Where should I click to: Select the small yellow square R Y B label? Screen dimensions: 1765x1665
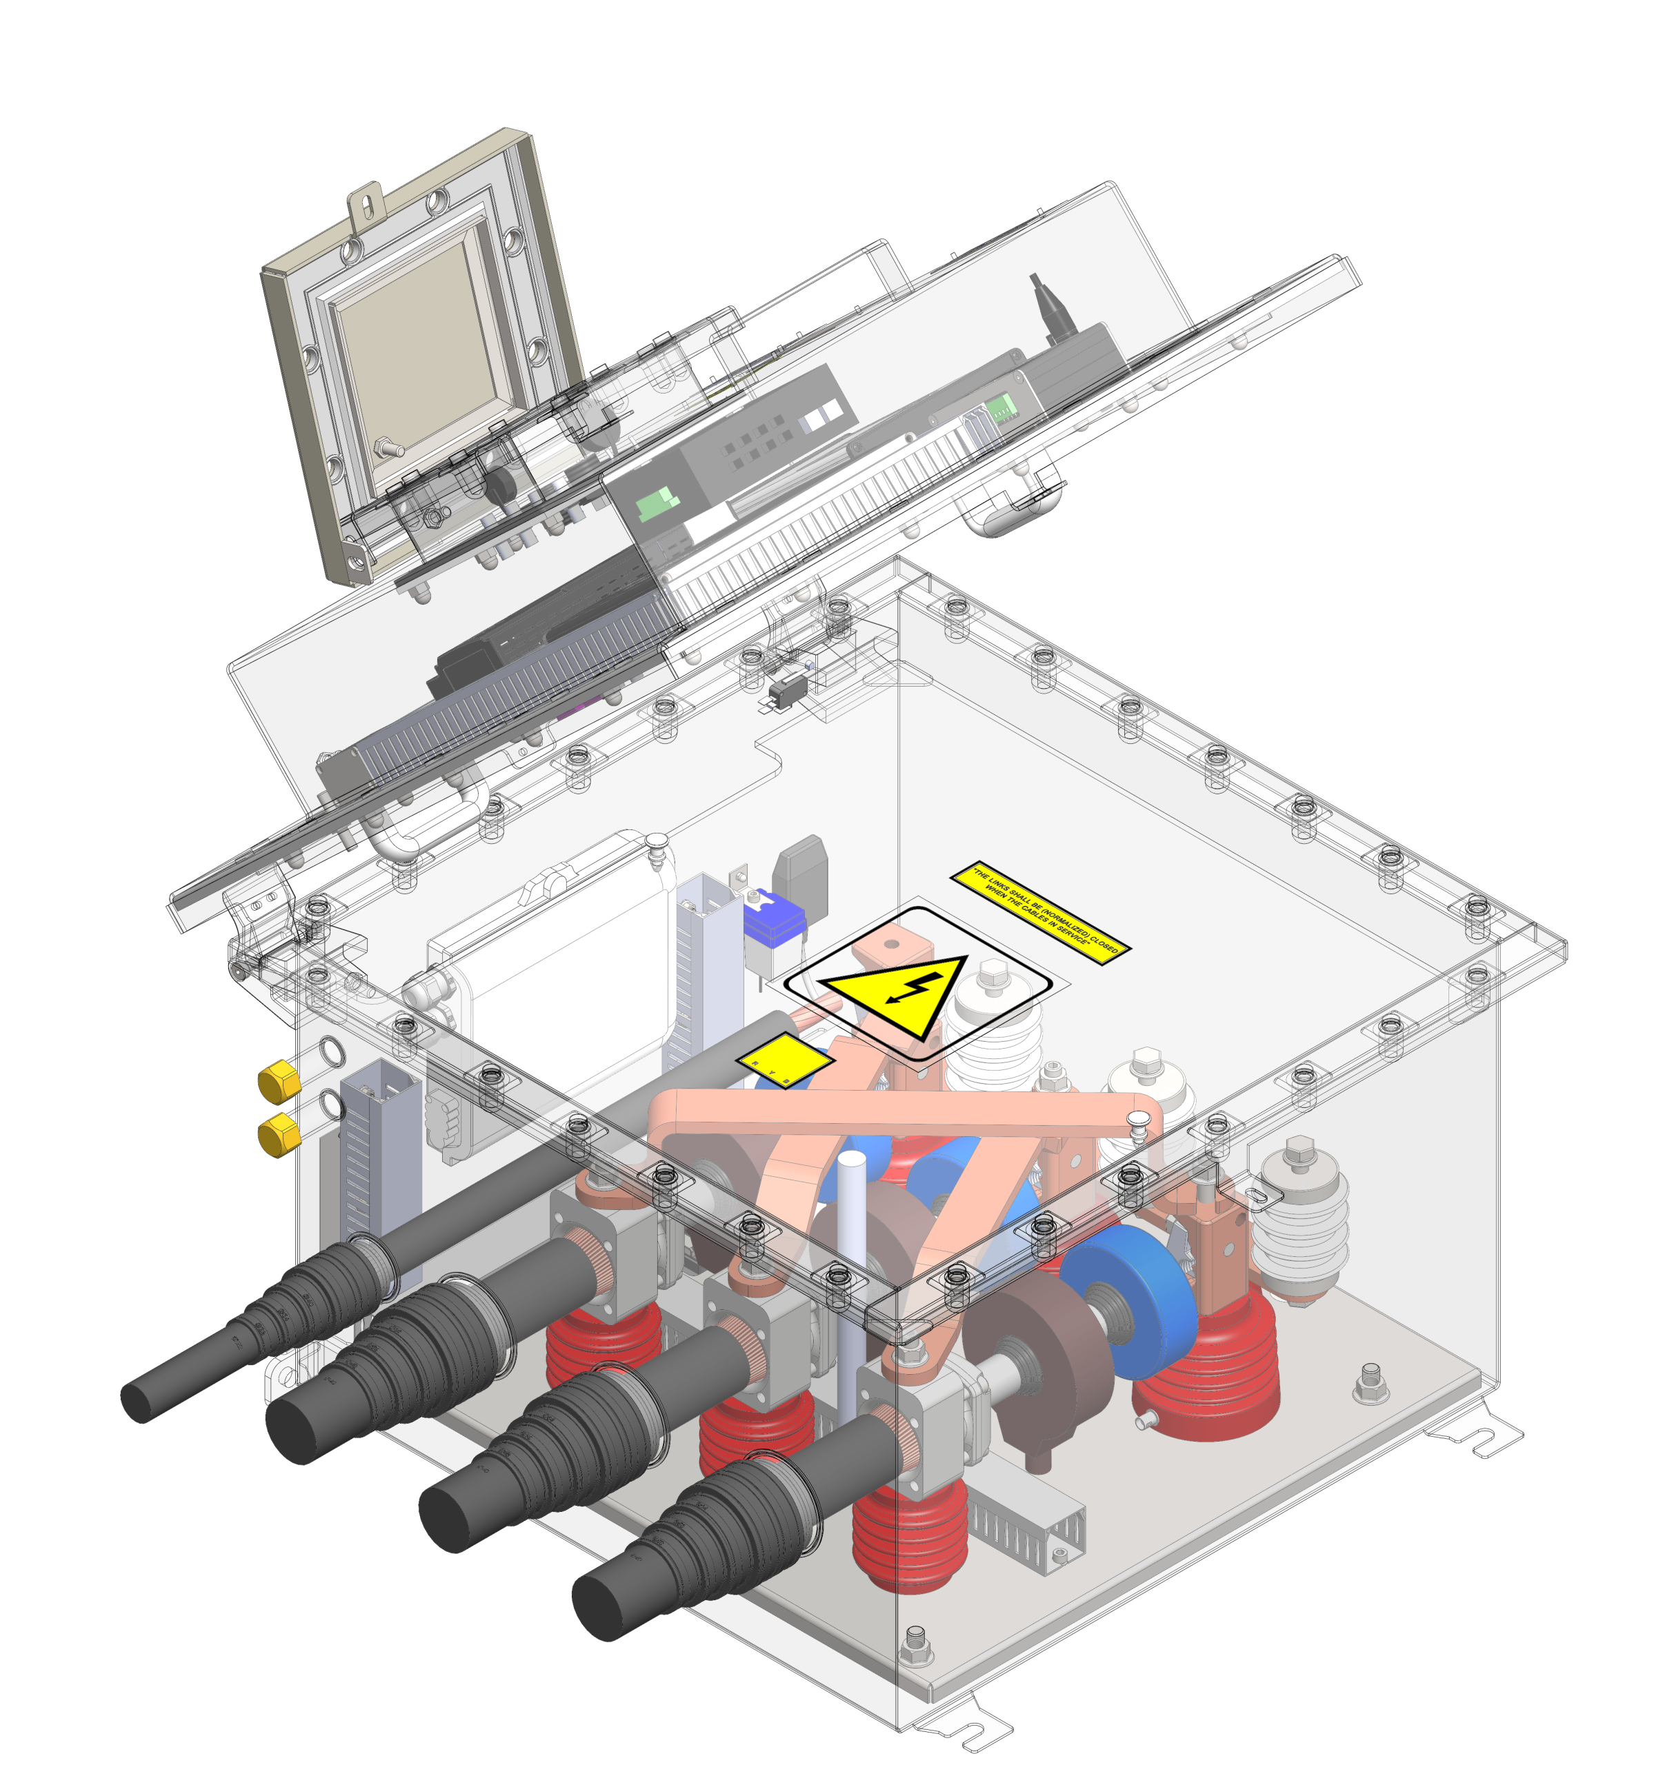[x=772, y=1059]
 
